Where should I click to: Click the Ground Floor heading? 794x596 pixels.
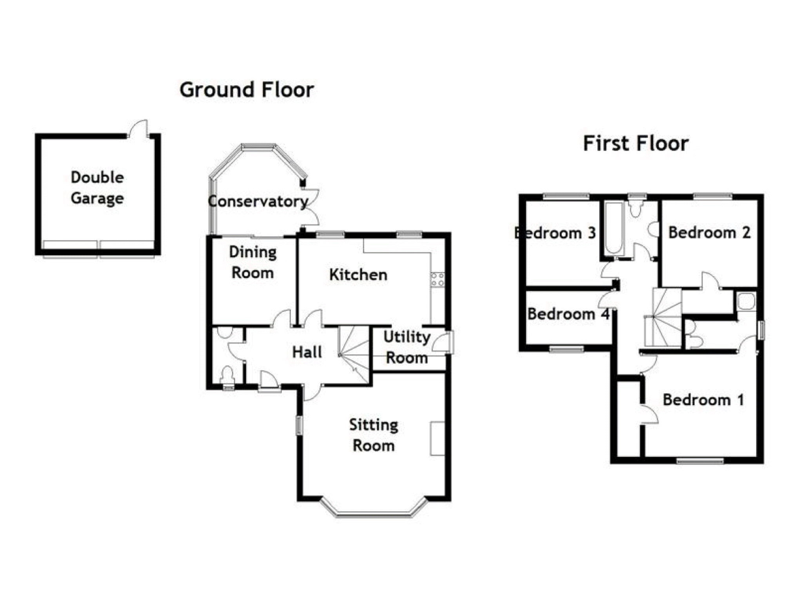[247, 90]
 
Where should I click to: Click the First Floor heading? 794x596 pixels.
[636, 143]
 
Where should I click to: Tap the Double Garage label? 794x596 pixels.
[97, 188]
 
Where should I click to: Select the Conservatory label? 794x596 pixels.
[258, 201]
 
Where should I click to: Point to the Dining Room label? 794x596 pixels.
[253, 262]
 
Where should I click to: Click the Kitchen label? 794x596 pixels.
[358, 275]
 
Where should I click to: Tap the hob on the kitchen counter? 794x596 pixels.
[438, 280]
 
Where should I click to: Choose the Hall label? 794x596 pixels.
[307, 352]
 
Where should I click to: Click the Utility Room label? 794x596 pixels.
[407, 347]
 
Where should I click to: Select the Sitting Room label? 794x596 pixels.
[373, 435]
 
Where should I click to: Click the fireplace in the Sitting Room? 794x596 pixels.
[437, 439]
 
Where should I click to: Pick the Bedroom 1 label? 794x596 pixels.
[703, 400]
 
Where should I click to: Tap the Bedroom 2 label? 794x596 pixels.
[709, 233]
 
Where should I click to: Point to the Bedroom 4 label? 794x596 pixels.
[568, 314]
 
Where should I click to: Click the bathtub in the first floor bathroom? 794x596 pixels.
[614, 228]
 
